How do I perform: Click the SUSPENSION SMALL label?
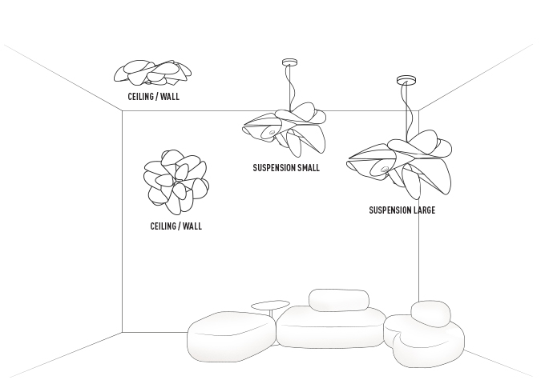coord(286,168)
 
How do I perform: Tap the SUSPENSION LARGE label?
coord(402,210)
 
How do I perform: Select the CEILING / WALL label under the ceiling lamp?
coord(153,97)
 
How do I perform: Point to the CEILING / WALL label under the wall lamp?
coord(176,226)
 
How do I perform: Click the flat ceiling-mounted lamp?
coord(152,73)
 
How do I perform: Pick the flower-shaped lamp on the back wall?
coord(176,180)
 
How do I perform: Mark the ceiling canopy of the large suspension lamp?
coord(406,80)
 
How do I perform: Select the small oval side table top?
coord(270,304)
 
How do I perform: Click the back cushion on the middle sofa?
coord(338,300)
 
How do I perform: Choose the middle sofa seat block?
coord(330,328)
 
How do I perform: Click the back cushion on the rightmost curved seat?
coord(431,313)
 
